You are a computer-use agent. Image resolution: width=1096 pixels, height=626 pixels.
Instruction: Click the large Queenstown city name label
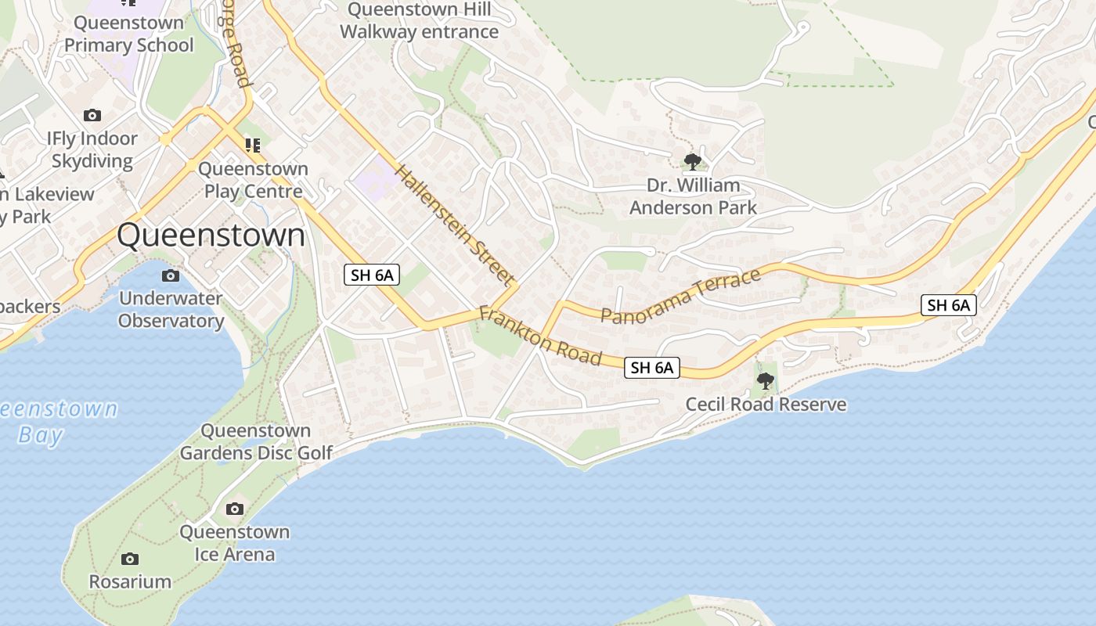[x=211, y=235]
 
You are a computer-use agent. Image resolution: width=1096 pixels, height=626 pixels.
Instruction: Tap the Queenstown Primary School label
[x=128, y=34]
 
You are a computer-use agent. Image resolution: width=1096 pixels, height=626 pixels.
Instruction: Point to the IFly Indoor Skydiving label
[x=92, y=149]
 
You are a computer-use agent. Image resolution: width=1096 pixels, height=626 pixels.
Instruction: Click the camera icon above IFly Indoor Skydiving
[x=92, y=116]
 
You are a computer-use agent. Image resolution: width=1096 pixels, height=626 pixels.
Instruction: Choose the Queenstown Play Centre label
[x=253, y=180]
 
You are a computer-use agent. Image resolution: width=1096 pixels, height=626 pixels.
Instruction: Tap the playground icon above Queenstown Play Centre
[x=252, y=145]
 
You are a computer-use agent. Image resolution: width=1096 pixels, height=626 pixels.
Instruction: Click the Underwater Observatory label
[x=171, y=309]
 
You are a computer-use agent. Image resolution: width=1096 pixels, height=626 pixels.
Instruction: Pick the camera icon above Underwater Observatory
[x=170, y=275]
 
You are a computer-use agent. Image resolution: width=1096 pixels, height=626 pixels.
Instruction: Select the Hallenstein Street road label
[x=455, y=224]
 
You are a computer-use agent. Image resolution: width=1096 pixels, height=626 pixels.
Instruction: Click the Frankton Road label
[x=540, y=336]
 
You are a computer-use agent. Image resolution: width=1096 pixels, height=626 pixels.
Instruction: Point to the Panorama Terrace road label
[x=680, y=295]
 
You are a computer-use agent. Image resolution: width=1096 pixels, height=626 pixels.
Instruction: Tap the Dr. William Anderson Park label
[x=693, y=196]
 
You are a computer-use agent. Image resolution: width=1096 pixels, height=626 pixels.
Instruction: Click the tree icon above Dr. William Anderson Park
[x=692, y=162]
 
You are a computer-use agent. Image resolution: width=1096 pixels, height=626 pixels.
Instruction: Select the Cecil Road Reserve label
[x=766, y=405]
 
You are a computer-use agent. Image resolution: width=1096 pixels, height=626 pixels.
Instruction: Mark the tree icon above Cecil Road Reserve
[x=766, y=381]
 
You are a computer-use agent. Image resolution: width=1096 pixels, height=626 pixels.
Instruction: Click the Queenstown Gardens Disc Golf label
[x=256, y=441]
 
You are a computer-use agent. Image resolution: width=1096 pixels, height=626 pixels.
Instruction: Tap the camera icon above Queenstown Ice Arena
[x=234, y=509]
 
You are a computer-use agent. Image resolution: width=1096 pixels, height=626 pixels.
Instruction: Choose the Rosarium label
[x=130, y=581]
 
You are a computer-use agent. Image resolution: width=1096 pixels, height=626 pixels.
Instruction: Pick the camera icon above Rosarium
[x=130, y=559]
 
